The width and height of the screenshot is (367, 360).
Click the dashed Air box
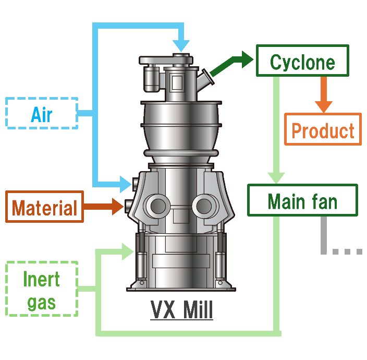click(42, 113)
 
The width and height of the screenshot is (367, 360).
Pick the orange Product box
click(323, 129)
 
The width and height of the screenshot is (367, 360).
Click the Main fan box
click(302, 201)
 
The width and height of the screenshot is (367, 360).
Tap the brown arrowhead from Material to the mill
click(119, 206)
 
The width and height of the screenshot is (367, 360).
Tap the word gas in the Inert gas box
click(42, 302)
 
